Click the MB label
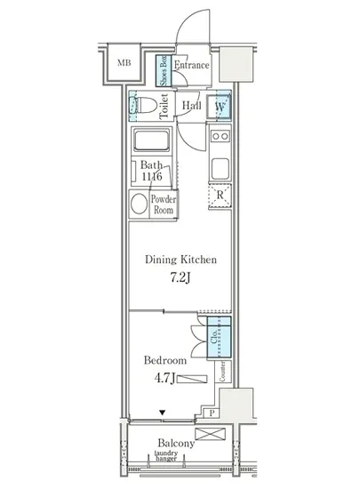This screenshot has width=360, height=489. pos(124,63)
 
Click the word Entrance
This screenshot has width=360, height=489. pos(191,65)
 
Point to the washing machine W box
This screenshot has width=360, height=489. pos(220,107)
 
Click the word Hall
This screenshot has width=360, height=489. pos(191,105)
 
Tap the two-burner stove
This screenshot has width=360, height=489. pos(220,136)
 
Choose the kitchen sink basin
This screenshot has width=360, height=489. pos(220,168)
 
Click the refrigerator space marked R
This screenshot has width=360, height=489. pos(220,196)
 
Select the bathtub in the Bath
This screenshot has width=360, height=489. pos(152,140)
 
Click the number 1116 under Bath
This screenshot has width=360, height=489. pos(152,177)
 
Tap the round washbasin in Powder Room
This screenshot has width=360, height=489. pos(139,204)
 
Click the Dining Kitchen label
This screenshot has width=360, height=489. pos(180,260)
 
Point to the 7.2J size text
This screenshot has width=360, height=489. pos(180,277)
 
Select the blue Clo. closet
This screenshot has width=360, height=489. pos(220,337)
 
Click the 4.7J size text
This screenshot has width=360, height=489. pos(164,378)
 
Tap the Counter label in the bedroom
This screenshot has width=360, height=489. pos(222,371)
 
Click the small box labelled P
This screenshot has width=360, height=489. pos(212,413)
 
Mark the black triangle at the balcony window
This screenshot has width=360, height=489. pos(162,413)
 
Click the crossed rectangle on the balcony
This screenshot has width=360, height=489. pos(210,434)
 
